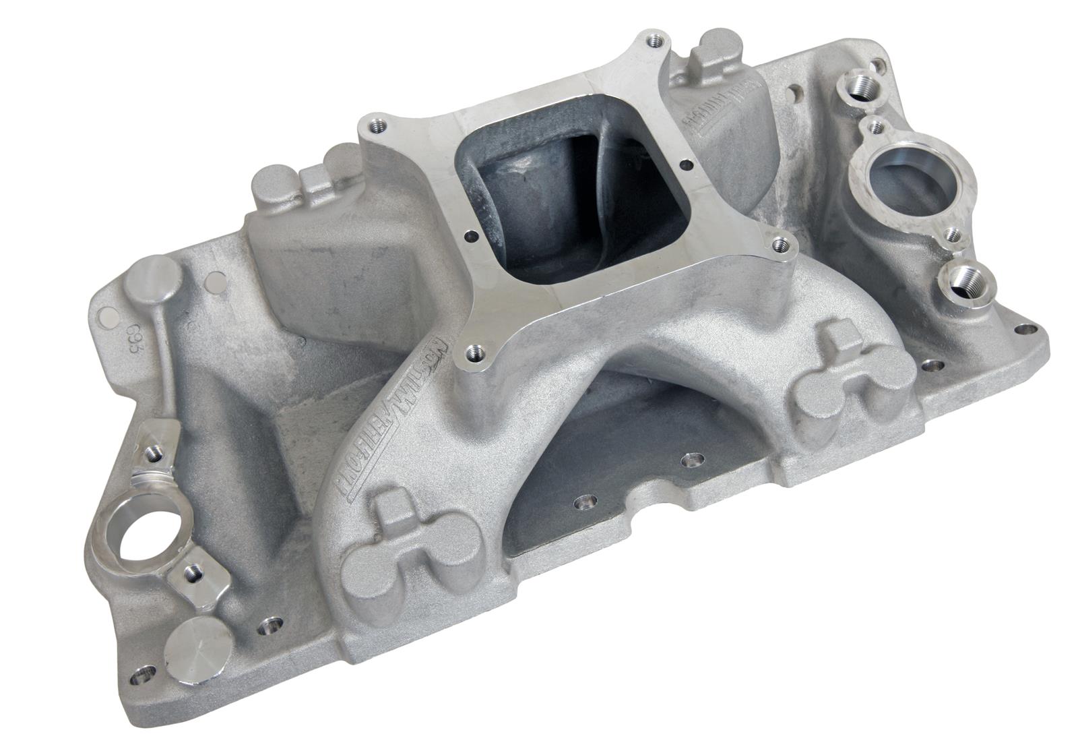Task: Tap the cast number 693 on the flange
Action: coord(133,338)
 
